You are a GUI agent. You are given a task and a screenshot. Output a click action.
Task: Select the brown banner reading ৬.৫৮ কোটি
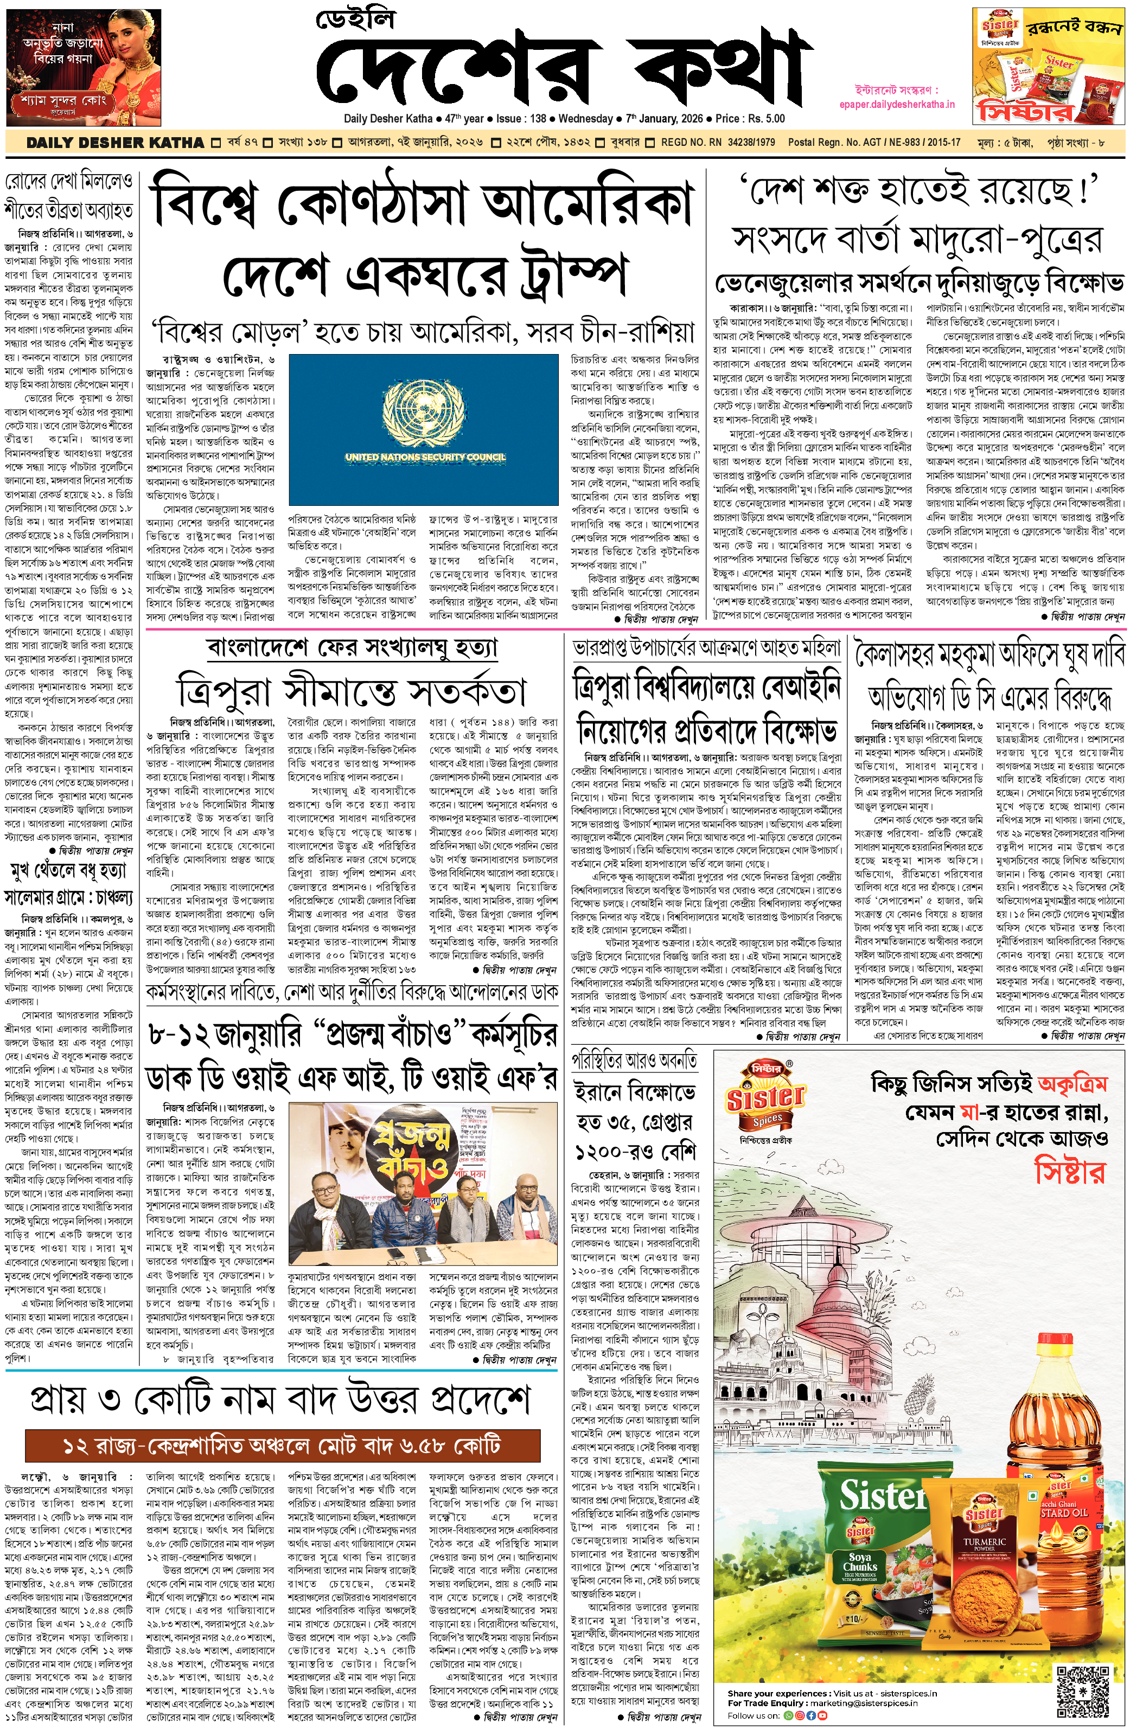[x=282, y=1444]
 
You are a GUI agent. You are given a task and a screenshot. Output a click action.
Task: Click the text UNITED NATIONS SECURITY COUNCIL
[x=424, y=457]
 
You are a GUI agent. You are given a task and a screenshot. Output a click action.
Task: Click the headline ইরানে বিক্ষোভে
[x=634, y=1091]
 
